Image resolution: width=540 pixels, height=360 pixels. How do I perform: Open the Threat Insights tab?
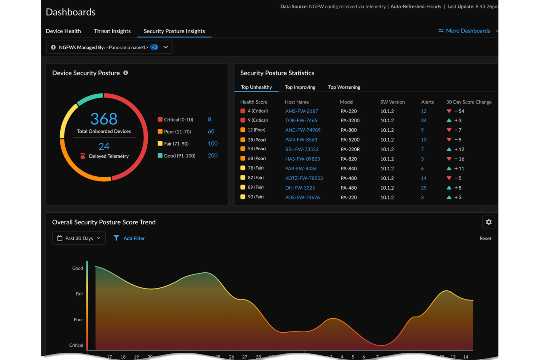click(112, 31)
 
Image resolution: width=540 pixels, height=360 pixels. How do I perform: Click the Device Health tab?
click(63, 31)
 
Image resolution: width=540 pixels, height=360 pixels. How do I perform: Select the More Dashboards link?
click(468, 31)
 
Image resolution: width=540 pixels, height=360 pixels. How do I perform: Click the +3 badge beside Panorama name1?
click(154, 47)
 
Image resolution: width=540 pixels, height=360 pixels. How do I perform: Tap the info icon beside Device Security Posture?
click(126, 73)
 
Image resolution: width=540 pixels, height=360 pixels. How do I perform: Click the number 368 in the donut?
click(104, 119)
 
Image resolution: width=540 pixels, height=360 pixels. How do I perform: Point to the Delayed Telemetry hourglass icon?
click(83, 156)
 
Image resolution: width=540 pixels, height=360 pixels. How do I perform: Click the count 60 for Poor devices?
click(211, 132)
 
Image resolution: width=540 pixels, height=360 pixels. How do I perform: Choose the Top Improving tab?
click(300, 87)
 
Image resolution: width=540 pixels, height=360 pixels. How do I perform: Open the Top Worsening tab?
click(344, 87)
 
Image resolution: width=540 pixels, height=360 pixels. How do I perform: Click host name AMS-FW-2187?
click(301, 111)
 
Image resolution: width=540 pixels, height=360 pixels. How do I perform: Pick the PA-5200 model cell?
click(350, 140)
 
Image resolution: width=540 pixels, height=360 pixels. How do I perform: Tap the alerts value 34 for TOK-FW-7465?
click(424, 120)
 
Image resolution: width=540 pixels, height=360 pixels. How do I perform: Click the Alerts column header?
click(427, 102)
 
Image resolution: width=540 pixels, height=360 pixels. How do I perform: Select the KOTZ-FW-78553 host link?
click(304, 178)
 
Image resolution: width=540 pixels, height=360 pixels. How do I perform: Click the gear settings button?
click(489, 222)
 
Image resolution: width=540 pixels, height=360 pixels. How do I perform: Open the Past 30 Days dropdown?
click(79, 238)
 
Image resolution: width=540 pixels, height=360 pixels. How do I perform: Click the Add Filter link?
click(134, 239)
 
